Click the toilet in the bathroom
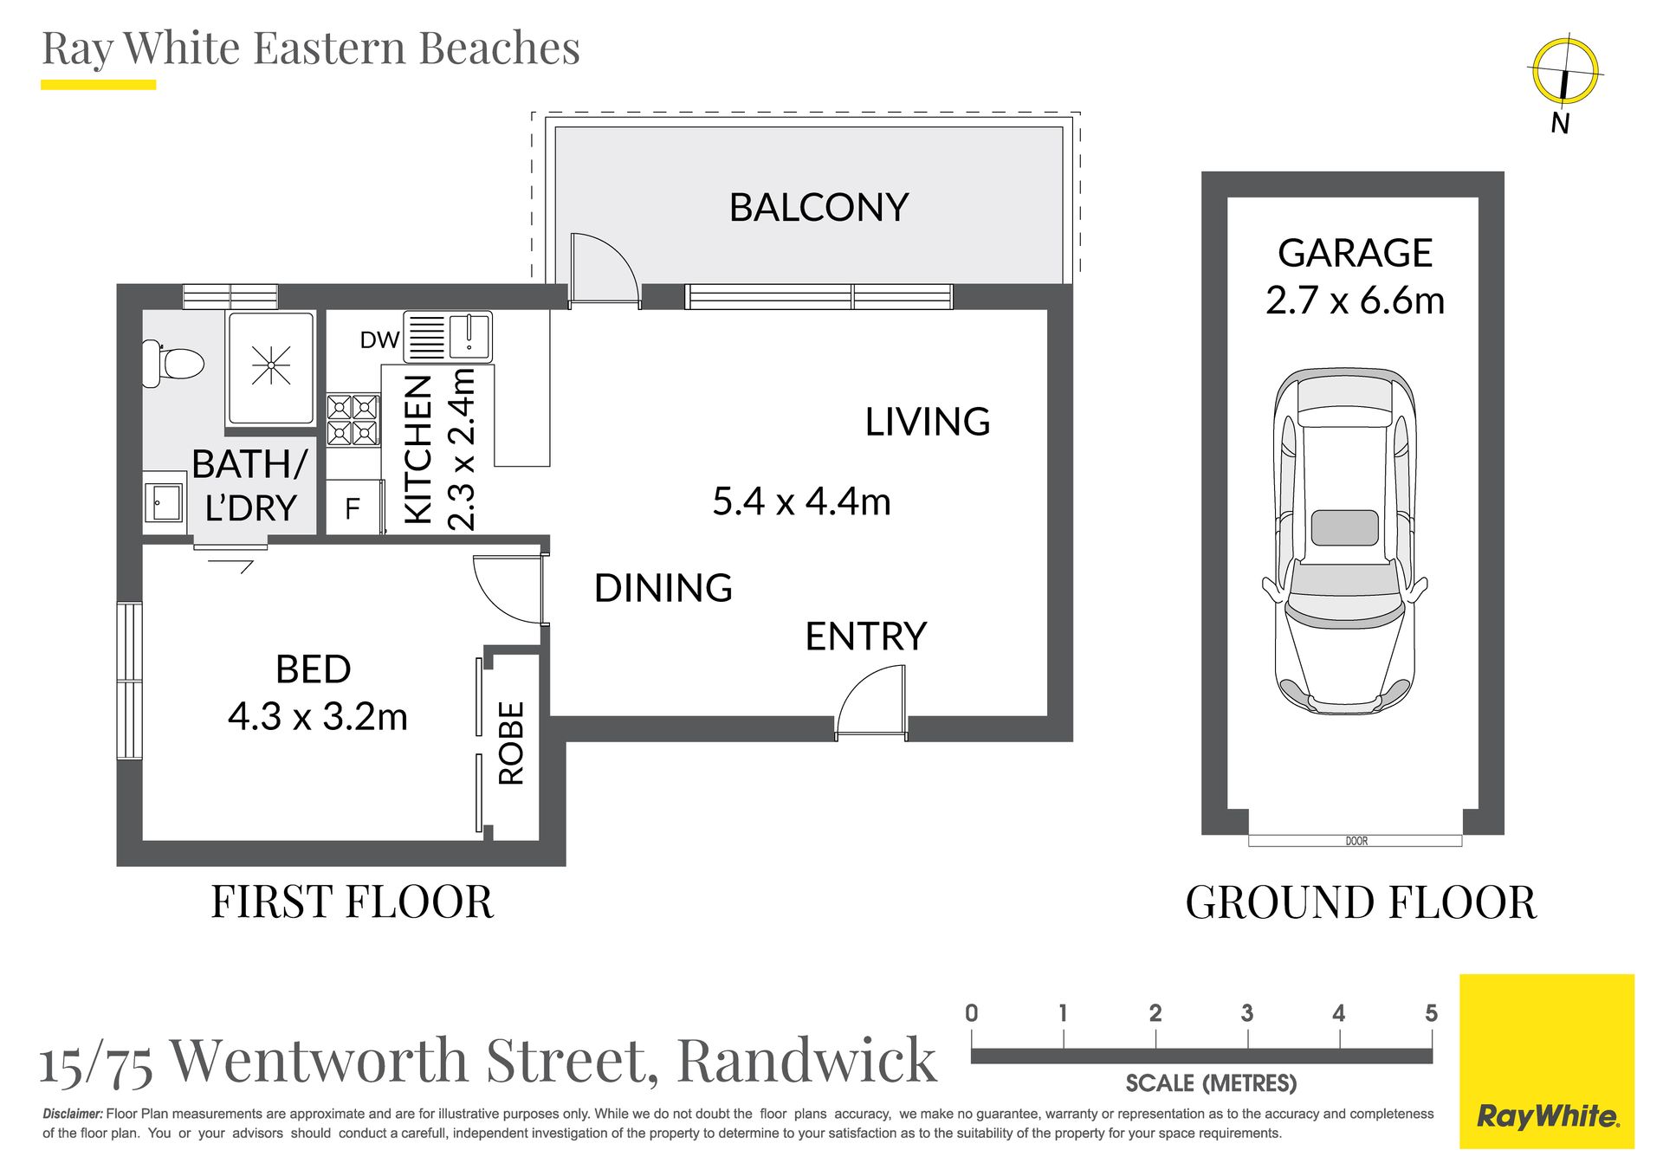click(176, 363)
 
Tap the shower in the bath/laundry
click(270, 367)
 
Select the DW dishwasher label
click(379, 340)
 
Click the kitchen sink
click(469, 336)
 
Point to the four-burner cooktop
click(353, 419)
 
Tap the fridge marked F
click(353, 508)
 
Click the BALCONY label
click(819, 208)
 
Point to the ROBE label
click(512, 743)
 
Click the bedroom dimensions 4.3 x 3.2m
click(318, 717)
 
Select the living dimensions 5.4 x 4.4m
click(801, 501)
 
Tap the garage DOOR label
click(1356, 841)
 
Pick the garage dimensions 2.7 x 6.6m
click(1355, 300)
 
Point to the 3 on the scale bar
click(1246, 1013)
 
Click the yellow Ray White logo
click(1547, 1062)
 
